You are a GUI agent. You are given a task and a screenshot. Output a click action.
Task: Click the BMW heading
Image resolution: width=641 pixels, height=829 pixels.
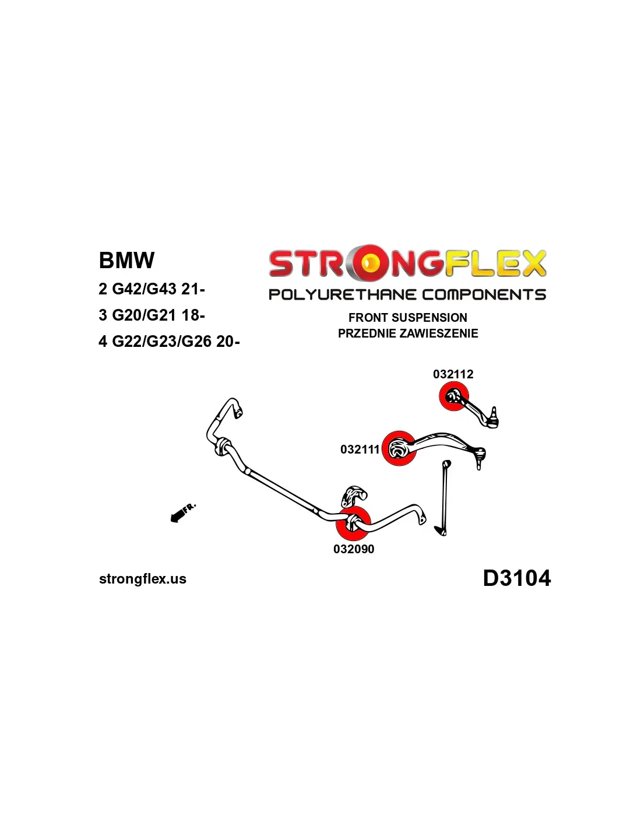tap(126, 260)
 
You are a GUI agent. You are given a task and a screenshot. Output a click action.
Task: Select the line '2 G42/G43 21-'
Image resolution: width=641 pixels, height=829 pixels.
tap(152, 289)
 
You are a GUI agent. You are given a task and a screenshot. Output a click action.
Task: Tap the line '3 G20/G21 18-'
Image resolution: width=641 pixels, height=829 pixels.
tap(152, 315)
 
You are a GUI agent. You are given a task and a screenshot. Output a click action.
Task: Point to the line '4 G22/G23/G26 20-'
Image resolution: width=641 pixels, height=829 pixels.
tap(169, 341)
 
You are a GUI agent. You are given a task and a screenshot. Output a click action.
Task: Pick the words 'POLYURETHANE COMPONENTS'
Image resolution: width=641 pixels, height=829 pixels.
tap(407, 294)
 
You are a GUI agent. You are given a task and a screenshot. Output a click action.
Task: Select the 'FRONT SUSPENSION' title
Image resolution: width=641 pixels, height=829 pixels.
tap(407, 318)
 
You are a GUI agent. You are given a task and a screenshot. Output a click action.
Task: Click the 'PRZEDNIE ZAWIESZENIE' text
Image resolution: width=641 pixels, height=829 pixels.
tap(408, 333)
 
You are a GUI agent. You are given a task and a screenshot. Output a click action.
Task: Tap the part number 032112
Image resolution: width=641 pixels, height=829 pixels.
tap(453, 374)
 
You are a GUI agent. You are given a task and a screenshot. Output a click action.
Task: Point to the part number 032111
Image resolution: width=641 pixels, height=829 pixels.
tap(360, 449)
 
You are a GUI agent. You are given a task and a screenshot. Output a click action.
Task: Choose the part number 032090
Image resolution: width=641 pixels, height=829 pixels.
tap(354, 549)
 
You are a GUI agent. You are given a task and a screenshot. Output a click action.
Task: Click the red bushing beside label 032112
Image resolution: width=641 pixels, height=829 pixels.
tap(453, 396)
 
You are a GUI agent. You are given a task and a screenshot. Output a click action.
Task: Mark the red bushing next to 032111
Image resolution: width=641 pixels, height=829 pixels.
tap(399, 448)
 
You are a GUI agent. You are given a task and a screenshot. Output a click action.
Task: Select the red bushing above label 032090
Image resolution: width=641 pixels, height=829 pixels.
tap(353, 523)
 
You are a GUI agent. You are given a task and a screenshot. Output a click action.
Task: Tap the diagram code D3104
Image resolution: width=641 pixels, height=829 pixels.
tap(516, 578)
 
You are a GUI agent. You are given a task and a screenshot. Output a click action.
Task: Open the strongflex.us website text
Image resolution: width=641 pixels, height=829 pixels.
tap(143, 579)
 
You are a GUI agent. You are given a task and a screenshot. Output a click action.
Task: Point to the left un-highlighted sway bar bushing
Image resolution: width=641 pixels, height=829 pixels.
tap(222, 447)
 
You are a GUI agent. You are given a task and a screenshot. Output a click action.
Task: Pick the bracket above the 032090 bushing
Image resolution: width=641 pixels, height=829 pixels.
tap(354, 496)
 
